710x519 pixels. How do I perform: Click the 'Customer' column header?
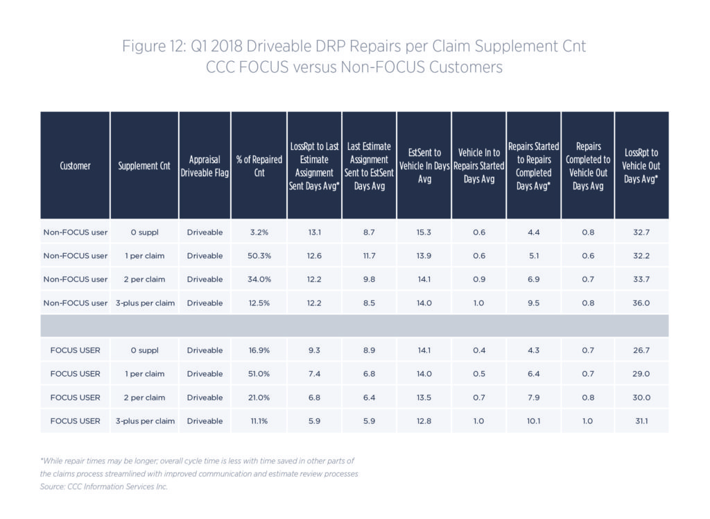pos(75,167)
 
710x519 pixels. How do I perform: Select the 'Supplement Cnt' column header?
pos(144,167)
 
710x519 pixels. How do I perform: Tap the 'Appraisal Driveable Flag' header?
pos(205,167)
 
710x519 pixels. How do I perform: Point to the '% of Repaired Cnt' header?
pos(259,167)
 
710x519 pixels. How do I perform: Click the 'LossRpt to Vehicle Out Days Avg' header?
pos(641,167)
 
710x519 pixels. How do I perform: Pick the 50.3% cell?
pos(259,256)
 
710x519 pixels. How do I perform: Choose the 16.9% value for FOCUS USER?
pos(259,350)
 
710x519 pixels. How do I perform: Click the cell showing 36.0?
pos(641,303)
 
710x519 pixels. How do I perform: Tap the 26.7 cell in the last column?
pos(641,350)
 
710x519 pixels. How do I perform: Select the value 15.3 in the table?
pos(424,232)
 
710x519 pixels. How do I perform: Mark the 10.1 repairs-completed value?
pos(533,421)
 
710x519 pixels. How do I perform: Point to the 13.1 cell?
pos(314,232)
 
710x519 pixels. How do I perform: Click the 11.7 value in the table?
pos(369,256)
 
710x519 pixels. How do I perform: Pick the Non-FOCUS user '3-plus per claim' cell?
pos(144,303)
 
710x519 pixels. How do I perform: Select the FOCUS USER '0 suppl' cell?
pos(144,350)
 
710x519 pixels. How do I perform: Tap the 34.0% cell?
pos(259,280)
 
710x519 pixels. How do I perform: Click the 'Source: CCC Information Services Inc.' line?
pos(104,486)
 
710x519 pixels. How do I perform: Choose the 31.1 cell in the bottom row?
pos(641,421)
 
